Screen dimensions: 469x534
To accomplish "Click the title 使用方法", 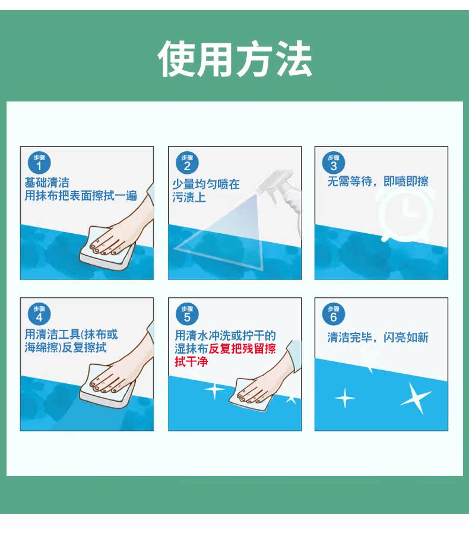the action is coord(235,59).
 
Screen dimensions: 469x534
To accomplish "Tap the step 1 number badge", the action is coord(39,163).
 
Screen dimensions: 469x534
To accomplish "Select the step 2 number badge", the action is coord(187,163).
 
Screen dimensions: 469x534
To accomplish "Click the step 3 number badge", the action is coord(334,163).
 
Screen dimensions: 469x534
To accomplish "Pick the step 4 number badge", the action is coord(39,314).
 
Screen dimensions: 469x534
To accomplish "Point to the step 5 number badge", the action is coord(187,314).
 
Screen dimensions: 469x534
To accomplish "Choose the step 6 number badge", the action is coord(334,314).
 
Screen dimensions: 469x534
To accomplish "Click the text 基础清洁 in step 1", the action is coord(47,183).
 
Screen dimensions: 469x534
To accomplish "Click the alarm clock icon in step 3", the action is coord(405,213).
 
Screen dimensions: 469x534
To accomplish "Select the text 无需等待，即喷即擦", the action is coord(378,182).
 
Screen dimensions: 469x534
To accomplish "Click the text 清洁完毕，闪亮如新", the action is coord(378,337).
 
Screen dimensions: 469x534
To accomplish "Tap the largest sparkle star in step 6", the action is coord(416,398).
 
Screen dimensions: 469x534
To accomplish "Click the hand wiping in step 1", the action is coord(123,225).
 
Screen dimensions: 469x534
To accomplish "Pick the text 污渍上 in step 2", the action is coord(189,197).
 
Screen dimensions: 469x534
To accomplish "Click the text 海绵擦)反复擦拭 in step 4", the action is coord(65,347).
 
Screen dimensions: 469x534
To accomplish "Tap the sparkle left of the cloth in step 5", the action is coord(214,390).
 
